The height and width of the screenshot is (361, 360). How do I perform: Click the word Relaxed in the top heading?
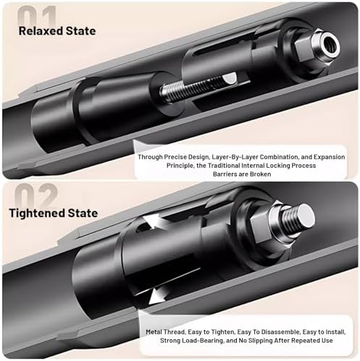click(41, 31)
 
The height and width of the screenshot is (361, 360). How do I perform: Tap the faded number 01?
click(37, 16)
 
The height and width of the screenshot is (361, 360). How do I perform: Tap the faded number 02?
click(36, 195)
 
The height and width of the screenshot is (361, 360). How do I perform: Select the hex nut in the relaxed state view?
click(305, 52)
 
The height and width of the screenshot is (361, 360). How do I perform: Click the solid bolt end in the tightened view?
click(299, 218)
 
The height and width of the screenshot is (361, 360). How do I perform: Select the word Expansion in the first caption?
click(329, 157)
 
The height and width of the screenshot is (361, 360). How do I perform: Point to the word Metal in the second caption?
click(154, 332)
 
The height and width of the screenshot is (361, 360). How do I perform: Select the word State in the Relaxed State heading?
click(81, 31)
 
